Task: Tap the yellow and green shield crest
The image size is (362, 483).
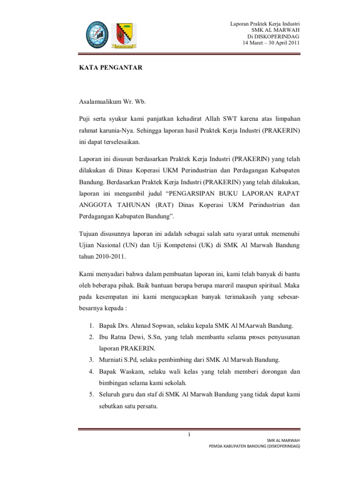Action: [x=124, y=36]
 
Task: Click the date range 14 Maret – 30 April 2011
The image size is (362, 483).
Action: [x=271, y=42]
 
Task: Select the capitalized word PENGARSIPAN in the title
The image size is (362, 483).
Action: [x=193, y=192]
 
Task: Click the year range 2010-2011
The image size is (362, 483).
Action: [x=109, y=258]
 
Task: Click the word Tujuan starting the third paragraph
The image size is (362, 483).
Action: [x=90, y=233]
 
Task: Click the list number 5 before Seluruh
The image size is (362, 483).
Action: [x=91, y=394]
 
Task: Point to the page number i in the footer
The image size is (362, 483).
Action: [x=189, y=434]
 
